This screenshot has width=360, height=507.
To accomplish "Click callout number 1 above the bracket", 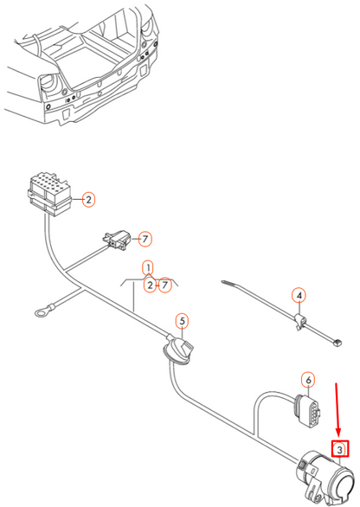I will (148, 268).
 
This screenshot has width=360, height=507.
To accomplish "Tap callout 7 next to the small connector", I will (145, 238).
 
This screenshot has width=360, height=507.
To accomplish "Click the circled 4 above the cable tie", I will (299, 297).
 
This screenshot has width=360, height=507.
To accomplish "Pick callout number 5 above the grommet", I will (182, 322).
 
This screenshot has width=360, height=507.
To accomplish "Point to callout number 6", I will (306, 379).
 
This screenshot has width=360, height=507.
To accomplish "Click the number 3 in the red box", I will (340, 449).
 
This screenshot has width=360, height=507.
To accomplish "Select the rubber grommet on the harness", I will (180, 355).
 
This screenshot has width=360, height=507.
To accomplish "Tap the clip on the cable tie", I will (295, 323).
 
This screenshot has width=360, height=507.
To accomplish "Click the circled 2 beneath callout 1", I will (150, 286).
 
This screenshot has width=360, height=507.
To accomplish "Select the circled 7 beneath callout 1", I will (164, 286).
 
